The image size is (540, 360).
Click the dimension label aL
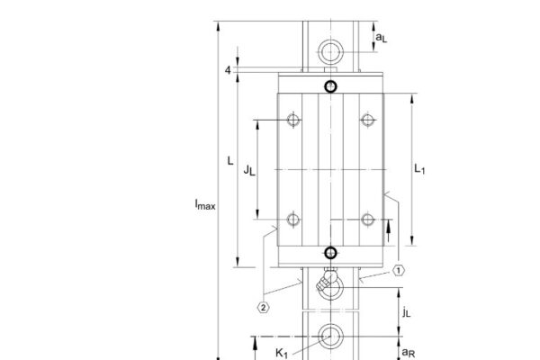point(381,39)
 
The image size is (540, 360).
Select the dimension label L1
point(419,168)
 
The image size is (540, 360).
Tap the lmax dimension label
point(204,205)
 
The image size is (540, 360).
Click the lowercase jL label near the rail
point(407,312)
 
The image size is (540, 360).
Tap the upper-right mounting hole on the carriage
point(366,120)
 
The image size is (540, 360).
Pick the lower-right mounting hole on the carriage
point(366,219)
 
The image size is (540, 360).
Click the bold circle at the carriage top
point(330,86)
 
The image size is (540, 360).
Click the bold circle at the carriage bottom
point(330,253)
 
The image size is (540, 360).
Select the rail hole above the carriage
point(330,49)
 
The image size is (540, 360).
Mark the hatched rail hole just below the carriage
point(328,286)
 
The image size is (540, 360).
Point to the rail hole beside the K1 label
point(329,337)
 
